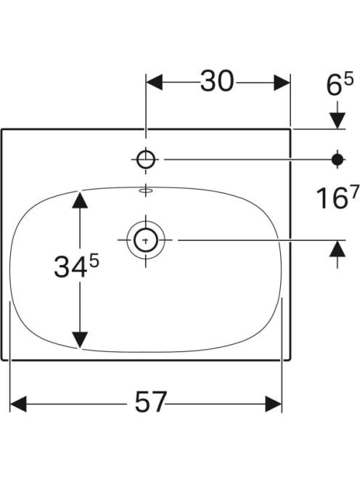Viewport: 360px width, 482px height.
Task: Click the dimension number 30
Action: point(217,81)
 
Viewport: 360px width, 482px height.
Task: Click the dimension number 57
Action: point(151,401)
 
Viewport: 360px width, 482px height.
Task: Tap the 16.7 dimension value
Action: point(337,197)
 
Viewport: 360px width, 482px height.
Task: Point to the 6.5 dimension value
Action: point(340,84)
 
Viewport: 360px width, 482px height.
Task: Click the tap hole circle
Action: point(146,160)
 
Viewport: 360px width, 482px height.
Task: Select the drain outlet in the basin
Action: point(146,240)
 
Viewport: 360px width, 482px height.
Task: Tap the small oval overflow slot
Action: point(146,191)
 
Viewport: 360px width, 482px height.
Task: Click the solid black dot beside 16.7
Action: point(337,160)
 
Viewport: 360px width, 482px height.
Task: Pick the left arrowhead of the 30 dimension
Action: point(155,82)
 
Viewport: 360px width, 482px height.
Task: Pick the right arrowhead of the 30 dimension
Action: point(282,82)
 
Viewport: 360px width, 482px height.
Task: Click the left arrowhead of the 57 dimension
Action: point(18,404)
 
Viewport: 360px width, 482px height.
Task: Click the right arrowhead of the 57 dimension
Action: point(274,404)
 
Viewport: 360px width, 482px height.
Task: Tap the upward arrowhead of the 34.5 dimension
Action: point(80,200)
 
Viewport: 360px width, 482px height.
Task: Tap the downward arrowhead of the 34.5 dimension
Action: point(80,340)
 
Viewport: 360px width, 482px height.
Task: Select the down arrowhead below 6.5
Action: point(337,120)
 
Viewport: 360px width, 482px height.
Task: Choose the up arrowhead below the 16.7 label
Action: point(337,248)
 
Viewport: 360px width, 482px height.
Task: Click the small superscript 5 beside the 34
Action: point(94,262)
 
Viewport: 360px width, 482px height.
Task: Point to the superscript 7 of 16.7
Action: point(354,193)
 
